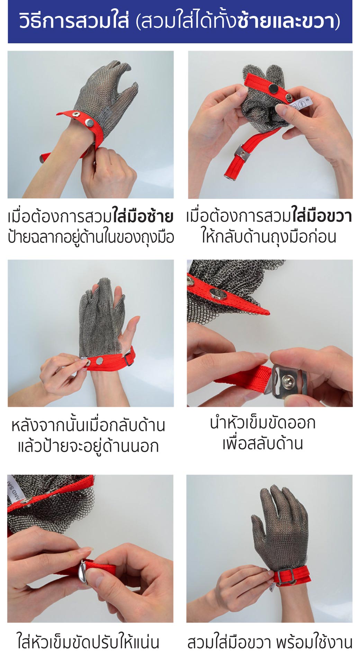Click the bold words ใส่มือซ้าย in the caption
143,217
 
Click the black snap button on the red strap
273,89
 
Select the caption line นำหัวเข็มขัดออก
262,424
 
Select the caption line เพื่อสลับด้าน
262,444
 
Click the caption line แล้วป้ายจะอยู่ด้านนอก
88,446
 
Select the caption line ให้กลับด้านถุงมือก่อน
269,237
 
